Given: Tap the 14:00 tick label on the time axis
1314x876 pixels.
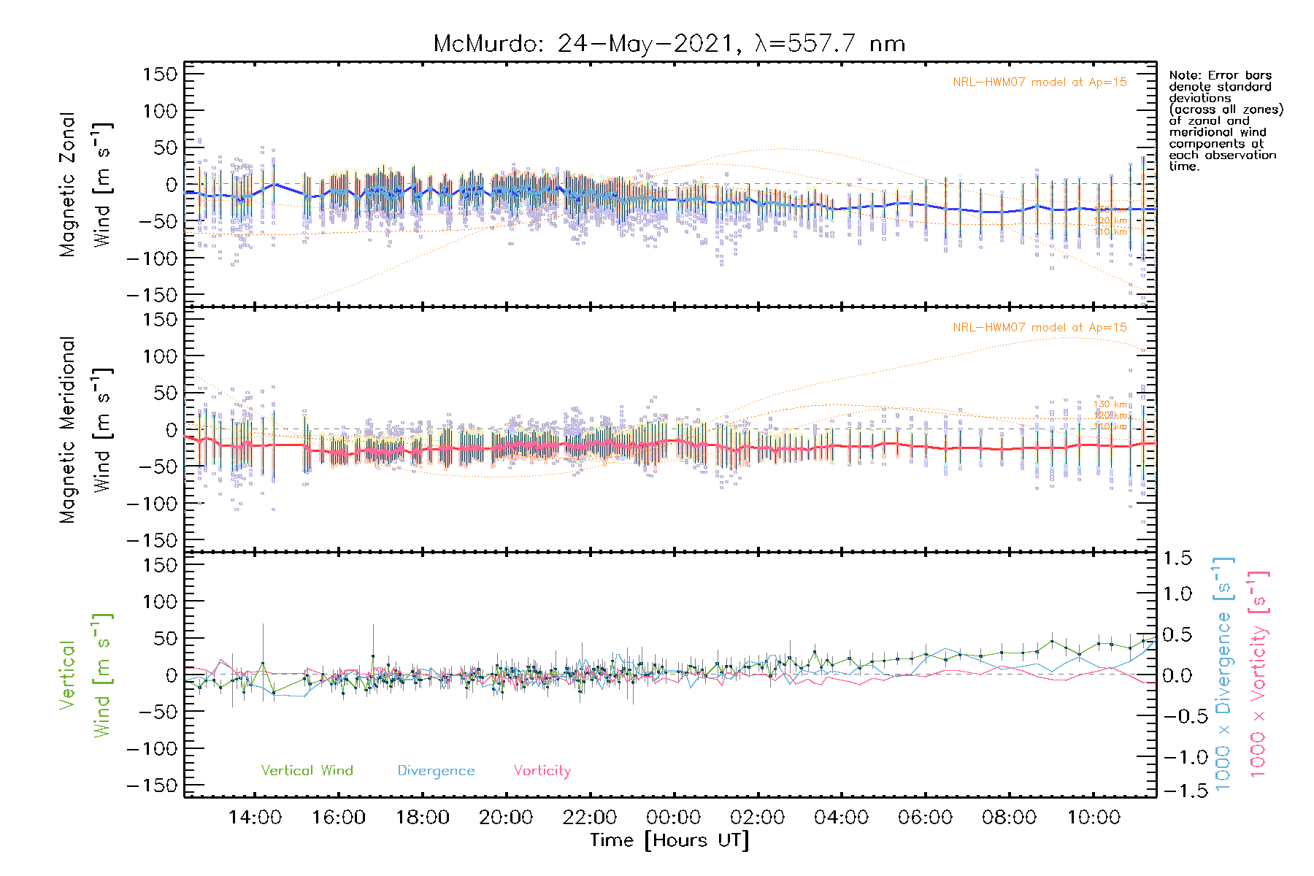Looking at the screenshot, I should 255,817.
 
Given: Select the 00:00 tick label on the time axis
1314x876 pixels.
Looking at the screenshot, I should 673,817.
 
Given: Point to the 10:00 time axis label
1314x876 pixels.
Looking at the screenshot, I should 1093,817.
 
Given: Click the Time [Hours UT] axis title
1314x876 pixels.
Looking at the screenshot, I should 669,840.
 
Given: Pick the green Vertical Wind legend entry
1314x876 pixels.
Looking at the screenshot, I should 307,770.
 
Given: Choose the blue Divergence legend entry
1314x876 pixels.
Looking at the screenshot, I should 436,770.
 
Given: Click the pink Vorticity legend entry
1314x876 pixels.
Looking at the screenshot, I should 542,770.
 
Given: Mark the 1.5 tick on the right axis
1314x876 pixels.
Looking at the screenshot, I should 1177,558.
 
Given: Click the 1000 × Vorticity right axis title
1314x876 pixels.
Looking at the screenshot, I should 1259,673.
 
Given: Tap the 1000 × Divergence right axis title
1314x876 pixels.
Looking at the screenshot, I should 1223,673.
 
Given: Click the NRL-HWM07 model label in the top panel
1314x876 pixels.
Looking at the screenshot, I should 1040,82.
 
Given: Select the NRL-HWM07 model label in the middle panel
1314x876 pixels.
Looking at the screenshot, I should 1040,327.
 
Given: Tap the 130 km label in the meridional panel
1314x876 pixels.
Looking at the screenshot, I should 1110,404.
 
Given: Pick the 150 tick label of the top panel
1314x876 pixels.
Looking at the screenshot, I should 160,74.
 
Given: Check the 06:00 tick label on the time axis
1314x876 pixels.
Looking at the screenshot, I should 925,817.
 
